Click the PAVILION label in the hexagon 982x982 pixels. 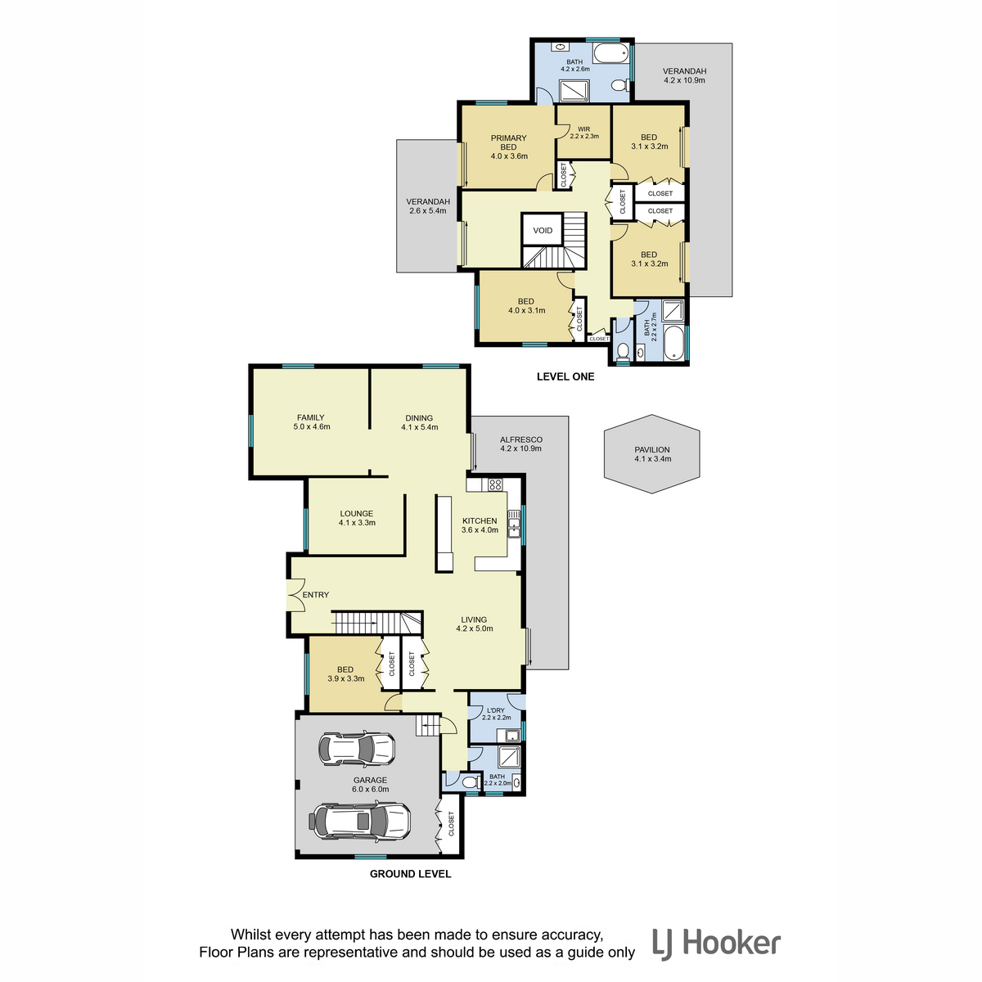[x=651, y=449]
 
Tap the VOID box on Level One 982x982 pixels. [x=543, y=230]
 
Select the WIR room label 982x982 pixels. [x=583, y=129]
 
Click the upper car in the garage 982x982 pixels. [x=357, y=749]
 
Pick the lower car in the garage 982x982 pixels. [x=359, y=821]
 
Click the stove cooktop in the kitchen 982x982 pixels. [x=495, y=484]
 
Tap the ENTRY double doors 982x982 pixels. [x=296, y=594]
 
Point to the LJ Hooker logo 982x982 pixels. [x=716, y=944]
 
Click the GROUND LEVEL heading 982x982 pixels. [x=410, y=874]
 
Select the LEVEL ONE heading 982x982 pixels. [x=565, y=376]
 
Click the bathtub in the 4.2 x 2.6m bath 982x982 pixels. [x=611, y=52]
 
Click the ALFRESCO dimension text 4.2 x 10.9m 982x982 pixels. [x=520, y=448]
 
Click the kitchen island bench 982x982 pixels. [x=444, y=533]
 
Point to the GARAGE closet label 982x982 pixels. [x=451, y=823]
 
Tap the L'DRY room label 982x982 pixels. [x=495, y=710]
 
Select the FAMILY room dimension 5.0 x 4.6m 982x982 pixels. [x=311, y=426]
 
